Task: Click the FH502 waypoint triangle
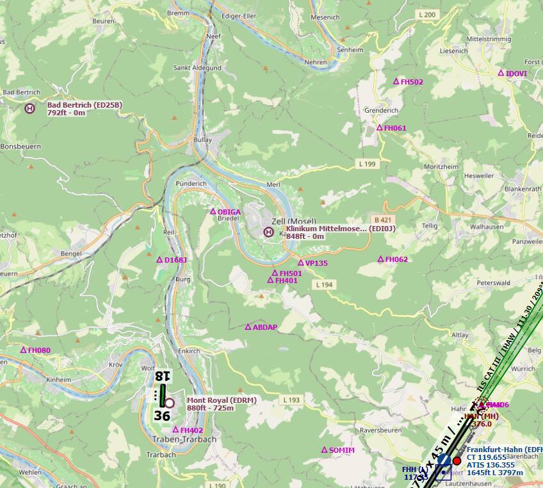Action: pos(396,81)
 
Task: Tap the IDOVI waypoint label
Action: pos(516,74)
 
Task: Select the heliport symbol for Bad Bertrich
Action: pos(29,109)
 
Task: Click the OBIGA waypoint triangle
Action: pos(213,211)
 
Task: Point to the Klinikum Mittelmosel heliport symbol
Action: pos(269,232)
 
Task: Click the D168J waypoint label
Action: pos(175,260)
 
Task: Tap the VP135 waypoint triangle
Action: pos(300,263)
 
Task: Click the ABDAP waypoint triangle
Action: pos(248,327)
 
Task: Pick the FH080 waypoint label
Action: pos(39,350)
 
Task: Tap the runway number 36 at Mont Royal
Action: pos(162,416)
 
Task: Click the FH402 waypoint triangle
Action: pos(175,430)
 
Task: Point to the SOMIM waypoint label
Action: pos(341,450)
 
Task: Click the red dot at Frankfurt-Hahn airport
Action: pos(457,461)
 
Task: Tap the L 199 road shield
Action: pos(368,165)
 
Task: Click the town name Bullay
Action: pos(202,139)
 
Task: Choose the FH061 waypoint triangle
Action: pos(379,127)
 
